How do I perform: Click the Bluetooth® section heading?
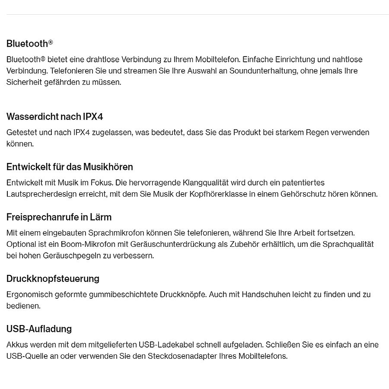pyautogui.click(x=29, y=43)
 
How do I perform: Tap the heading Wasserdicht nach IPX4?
pyautogui.click(x=54, y=117)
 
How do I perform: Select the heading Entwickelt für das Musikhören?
pyautogui.click(x=70, y=167)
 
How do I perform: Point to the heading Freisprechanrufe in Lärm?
pyautogui.click(x=59, y=217)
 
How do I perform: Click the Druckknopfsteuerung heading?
pyautogui.click(x=53, y=279)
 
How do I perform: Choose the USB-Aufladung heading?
pyautogui.click(x=39, y=329)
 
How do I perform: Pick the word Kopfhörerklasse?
pyautogui.click(x=217, y=194)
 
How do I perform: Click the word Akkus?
pyautogui.click(x=16, y=345)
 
